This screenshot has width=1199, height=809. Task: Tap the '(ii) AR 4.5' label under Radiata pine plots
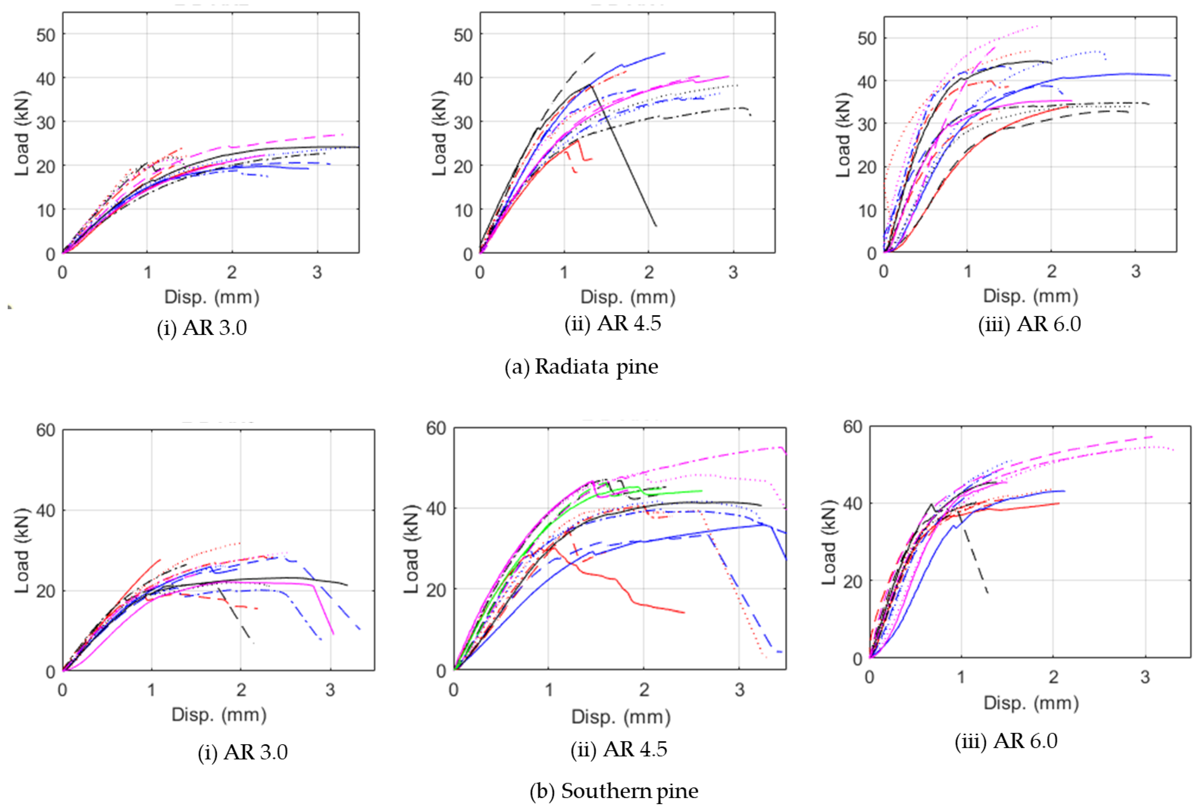[x=613, y=323]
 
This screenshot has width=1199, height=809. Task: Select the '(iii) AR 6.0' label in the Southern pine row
[x=1006, y=741]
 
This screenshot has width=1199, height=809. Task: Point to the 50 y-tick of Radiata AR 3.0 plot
[x=46, y=35]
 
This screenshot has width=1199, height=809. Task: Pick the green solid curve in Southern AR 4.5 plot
[x=671, y=493]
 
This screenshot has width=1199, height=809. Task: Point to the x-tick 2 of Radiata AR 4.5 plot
[x=649, y=272]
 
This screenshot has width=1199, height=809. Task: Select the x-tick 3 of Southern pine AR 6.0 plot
[x=1145, y=677]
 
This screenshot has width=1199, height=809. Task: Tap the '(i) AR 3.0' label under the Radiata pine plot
[x=202, y=328]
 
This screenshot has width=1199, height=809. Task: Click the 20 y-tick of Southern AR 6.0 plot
[x=852, y=581]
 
